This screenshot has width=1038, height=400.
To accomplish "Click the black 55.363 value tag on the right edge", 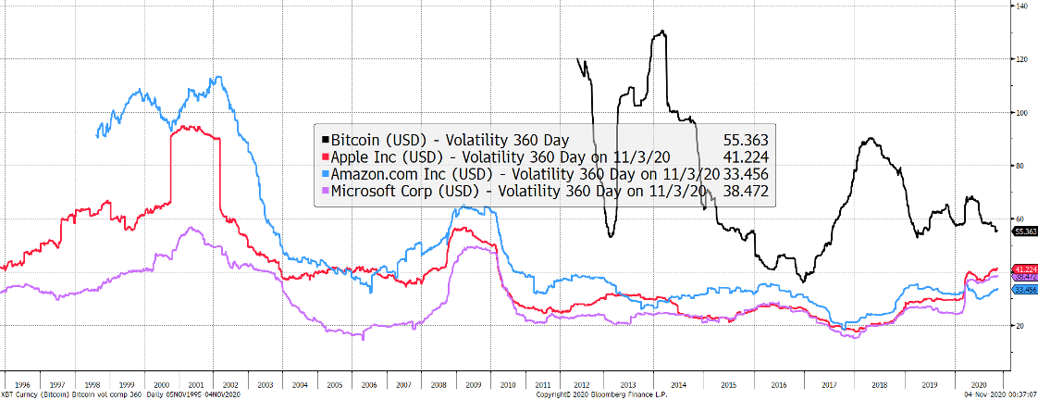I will coord(1024,231).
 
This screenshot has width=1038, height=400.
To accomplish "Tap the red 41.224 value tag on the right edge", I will coord(1024,269).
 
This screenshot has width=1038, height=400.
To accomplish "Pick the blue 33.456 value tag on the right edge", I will coord(1024,290).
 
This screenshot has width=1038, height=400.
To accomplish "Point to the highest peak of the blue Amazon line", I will coord(216,77).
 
